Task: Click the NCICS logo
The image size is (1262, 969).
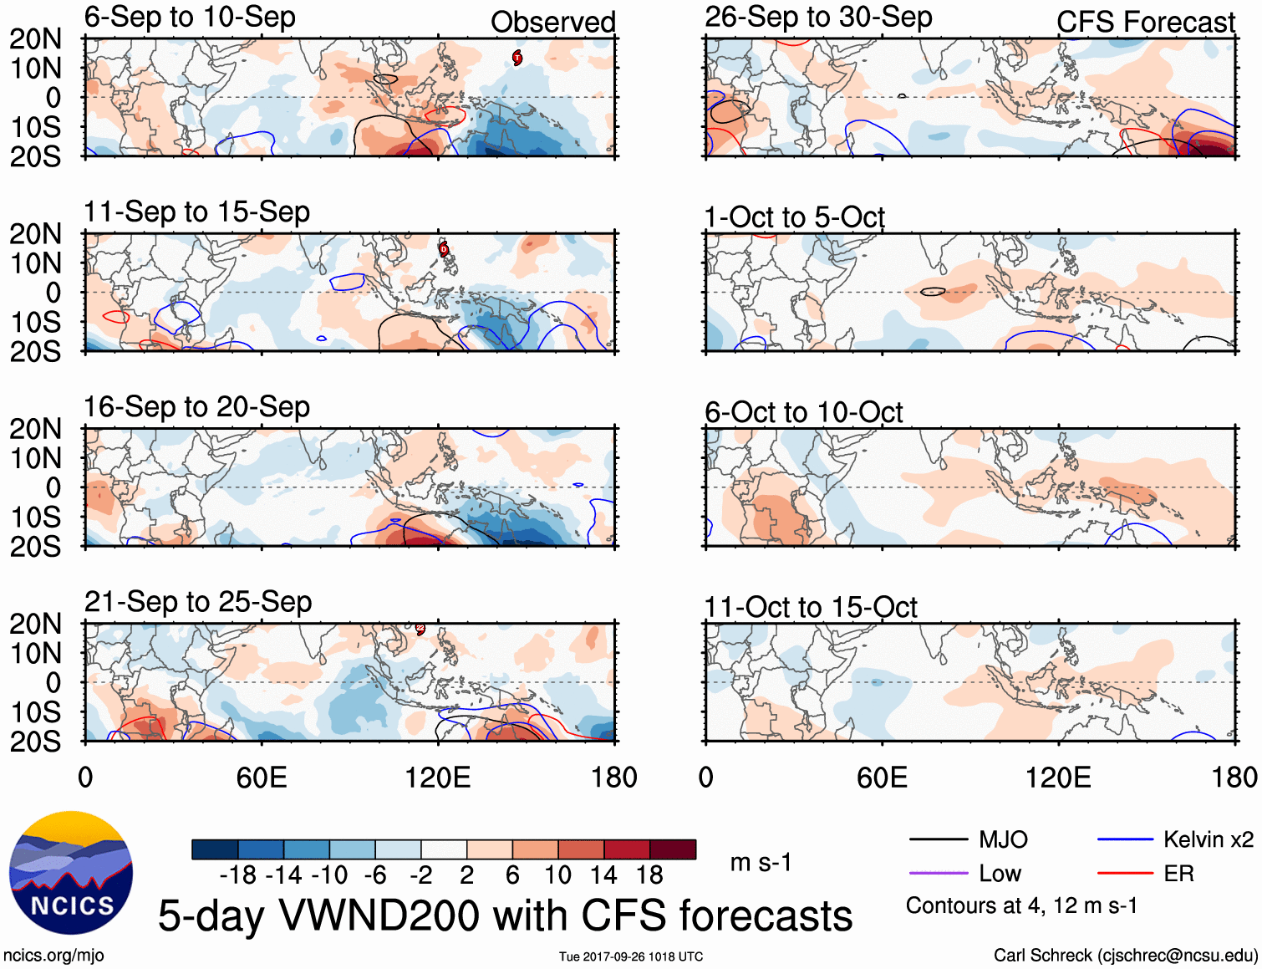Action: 71,873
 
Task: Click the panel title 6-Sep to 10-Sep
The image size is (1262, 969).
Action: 190,18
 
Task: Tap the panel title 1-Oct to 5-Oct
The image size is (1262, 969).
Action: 794,217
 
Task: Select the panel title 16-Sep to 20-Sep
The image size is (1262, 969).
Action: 196,407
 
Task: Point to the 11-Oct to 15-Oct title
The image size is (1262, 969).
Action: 811,607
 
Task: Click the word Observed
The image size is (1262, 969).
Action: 552,23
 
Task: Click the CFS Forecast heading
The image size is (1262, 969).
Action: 1145,23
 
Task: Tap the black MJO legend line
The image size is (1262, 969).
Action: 938,839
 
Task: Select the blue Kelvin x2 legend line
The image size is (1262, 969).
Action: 1125,839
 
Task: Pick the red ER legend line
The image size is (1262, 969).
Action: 1125,874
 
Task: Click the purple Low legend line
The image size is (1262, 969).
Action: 938,874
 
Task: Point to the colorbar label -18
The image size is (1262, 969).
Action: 237,875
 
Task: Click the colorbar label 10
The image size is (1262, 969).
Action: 557,875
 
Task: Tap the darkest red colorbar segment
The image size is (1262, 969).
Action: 673,849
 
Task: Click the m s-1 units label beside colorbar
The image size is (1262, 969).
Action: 761,862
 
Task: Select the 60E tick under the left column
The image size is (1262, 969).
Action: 262,778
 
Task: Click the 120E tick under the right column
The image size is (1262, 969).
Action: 1058,778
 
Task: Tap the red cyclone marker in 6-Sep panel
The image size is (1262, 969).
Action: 517,57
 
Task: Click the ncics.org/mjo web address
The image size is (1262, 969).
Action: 53,956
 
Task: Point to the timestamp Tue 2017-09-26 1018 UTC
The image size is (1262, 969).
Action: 631,956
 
